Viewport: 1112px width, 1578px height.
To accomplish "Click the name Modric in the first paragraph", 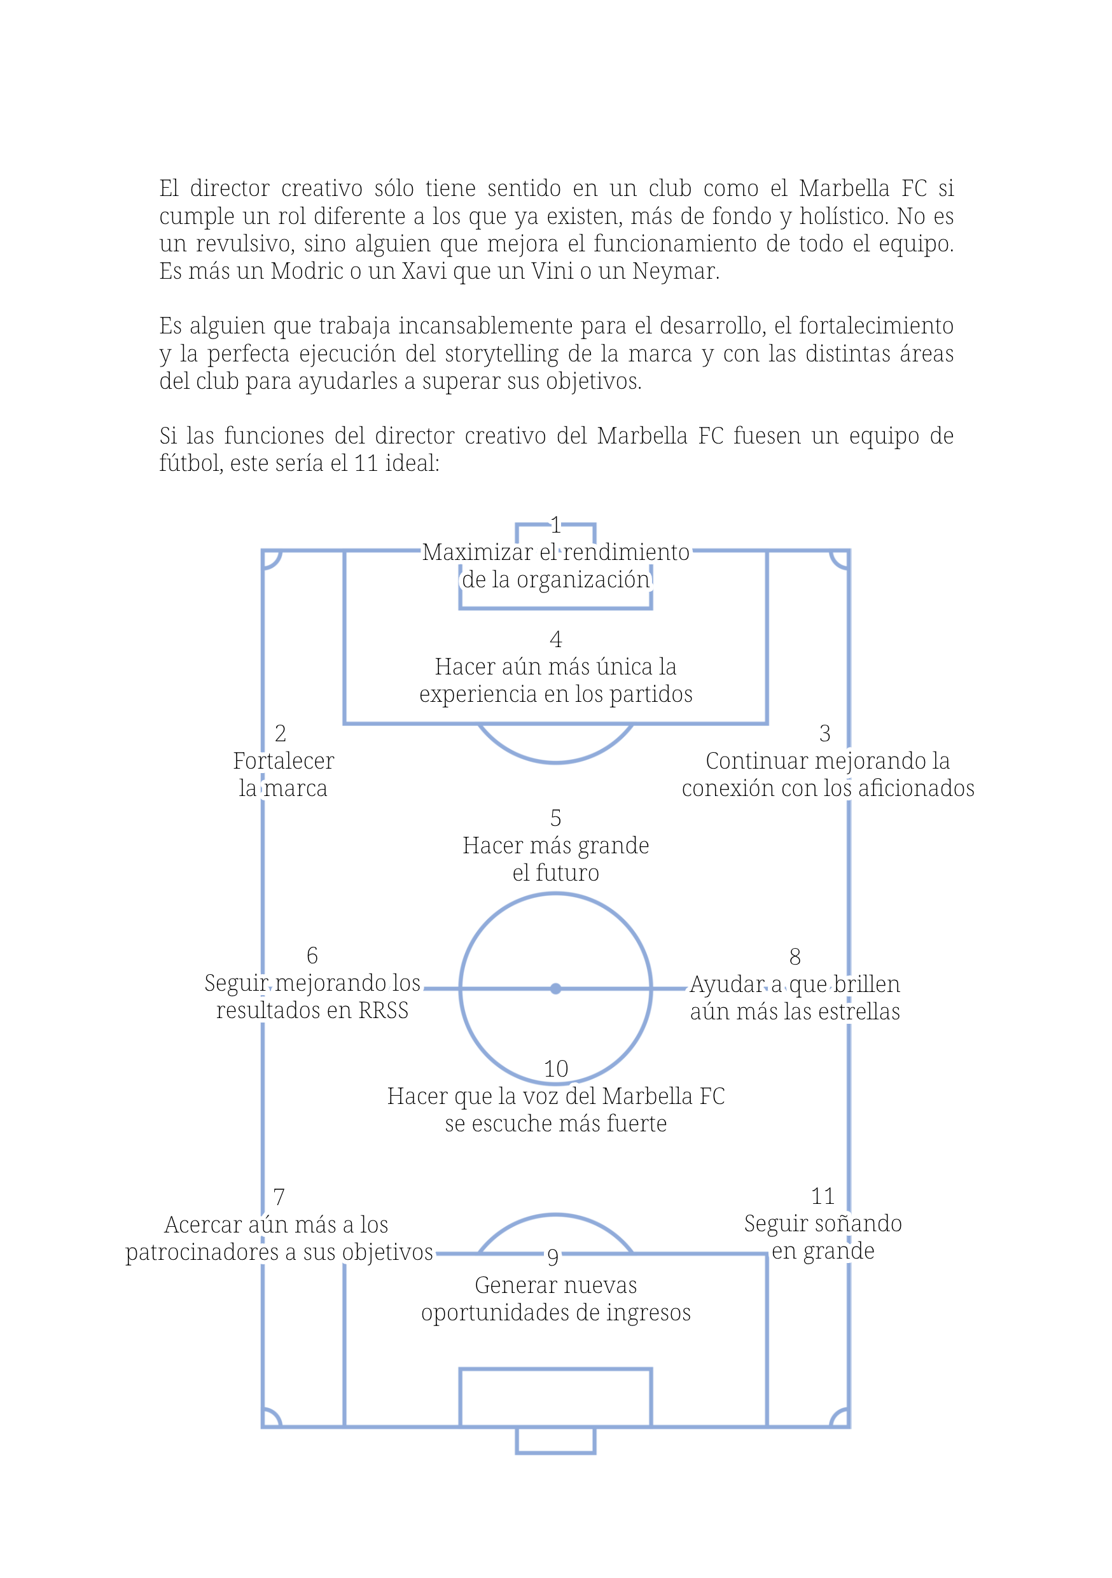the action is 307,272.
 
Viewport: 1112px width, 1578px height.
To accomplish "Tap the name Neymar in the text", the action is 675,272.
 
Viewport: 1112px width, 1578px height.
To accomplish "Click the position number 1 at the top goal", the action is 555,526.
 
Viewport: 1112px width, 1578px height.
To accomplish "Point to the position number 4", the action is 555,640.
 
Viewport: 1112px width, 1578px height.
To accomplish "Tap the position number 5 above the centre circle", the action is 555,818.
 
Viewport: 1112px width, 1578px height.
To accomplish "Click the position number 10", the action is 555,1069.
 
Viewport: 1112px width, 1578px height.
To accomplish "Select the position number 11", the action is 823,1197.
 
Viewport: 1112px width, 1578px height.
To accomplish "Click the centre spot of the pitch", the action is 555,988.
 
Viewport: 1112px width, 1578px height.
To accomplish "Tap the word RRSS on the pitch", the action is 384,1010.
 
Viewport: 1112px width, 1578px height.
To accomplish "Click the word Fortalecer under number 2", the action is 283,761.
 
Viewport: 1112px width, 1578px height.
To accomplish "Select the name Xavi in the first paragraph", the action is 423,272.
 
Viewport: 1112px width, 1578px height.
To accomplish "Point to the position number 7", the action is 279,1197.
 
